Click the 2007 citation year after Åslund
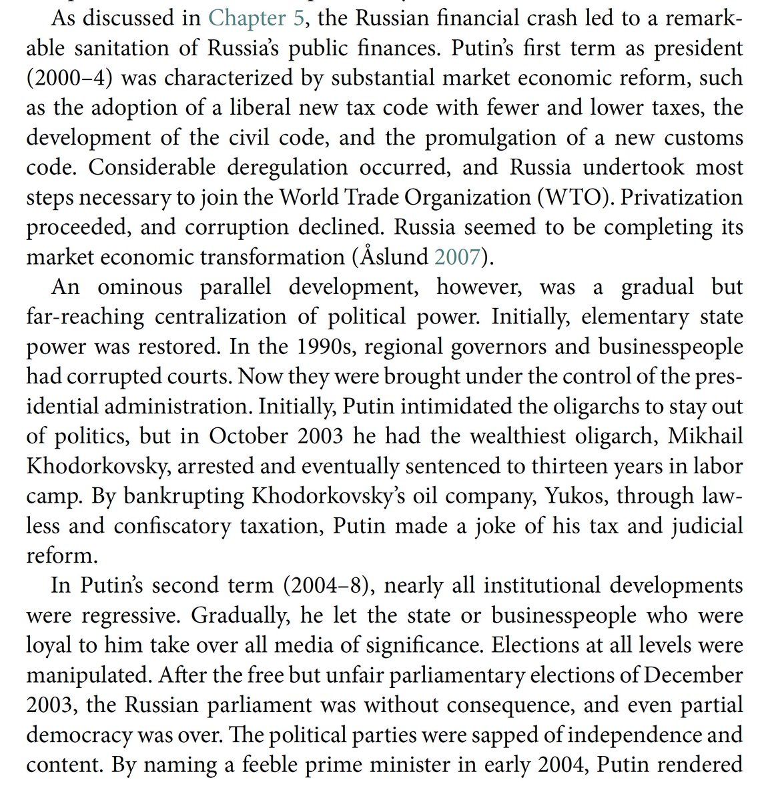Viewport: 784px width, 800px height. click(x=457, y=257)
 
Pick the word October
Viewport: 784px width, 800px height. click(x=249, y=436)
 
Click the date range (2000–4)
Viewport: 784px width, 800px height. click(x=69, y=78)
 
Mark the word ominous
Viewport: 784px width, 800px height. click(x=139, y=287)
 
